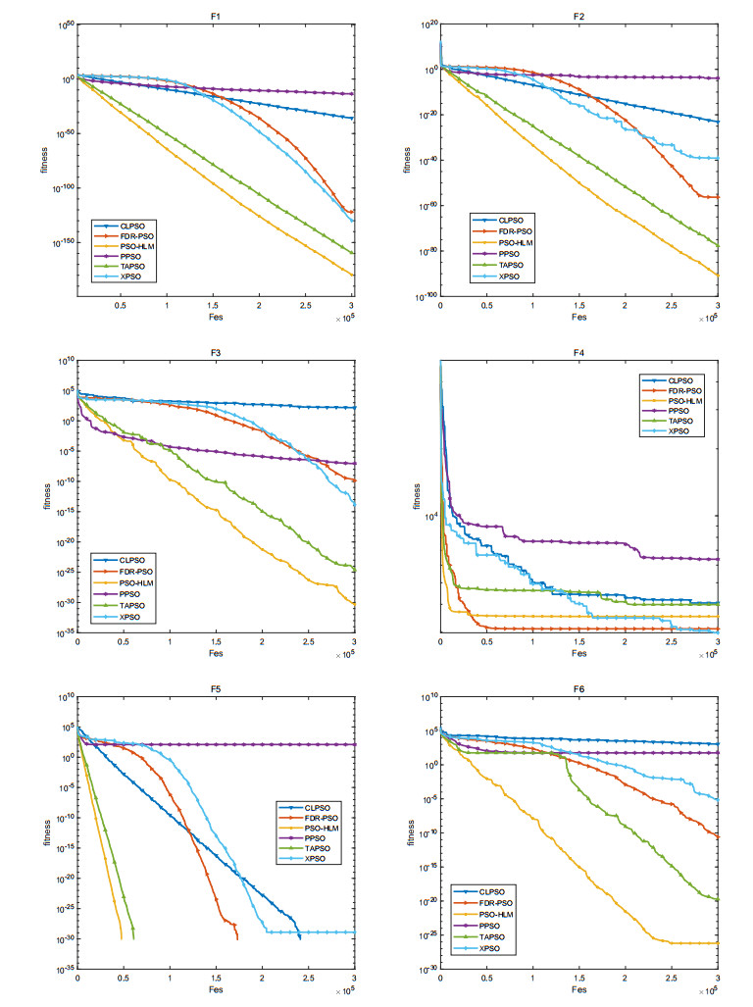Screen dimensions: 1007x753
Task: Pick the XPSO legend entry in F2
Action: [509, 277]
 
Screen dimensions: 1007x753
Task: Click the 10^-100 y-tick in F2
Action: [425, 296]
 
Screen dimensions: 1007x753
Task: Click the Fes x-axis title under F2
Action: [578, 317]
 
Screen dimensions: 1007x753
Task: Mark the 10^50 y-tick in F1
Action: [63, 26]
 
